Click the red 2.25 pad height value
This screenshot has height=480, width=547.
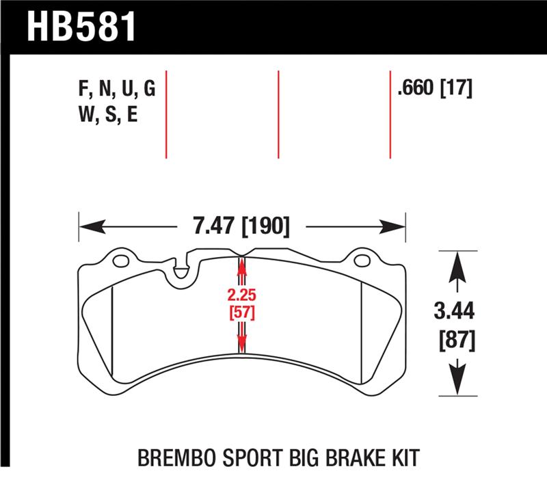[241, 296]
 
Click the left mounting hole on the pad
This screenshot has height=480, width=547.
[121, 261]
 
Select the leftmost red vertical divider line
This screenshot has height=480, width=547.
[166, 114]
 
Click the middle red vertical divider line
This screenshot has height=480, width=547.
[278, 114]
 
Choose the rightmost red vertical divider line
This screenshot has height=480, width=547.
[390, 114]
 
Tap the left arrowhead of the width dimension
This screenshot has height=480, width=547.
[89, 226]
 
